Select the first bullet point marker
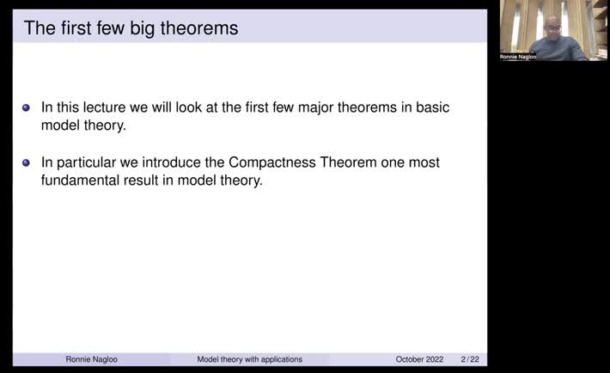click(26, 108)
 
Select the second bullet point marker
click(26, 162)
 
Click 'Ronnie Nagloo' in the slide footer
click(91, 359)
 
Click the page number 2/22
click(470, 359)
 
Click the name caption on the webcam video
click(518, 57)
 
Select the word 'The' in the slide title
click(39, 28)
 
